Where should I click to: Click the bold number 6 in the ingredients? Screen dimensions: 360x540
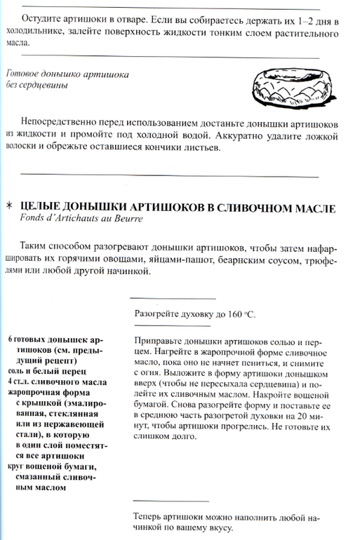pos(11,339)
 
